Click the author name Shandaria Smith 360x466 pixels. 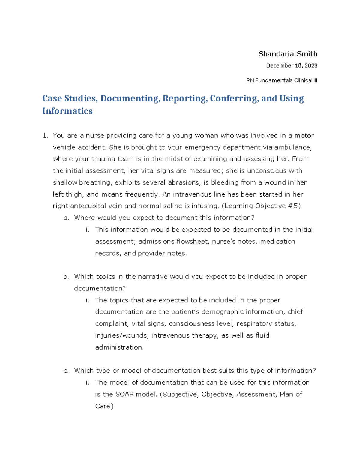[288, 54]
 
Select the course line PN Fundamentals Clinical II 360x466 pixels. [282, 80]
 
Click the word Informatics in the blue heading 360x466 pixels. [67, 111]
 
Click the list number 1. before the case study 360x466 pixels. [45, 136]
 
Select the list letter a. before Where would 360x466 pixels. [66, 218]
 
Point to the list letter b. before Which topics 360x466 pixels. [66, 277]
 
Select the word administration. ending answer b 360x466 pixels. [119, 347]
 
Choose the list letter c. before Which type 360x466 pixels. [66, 371]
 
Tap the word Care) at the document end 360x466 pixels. [104, 406]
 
